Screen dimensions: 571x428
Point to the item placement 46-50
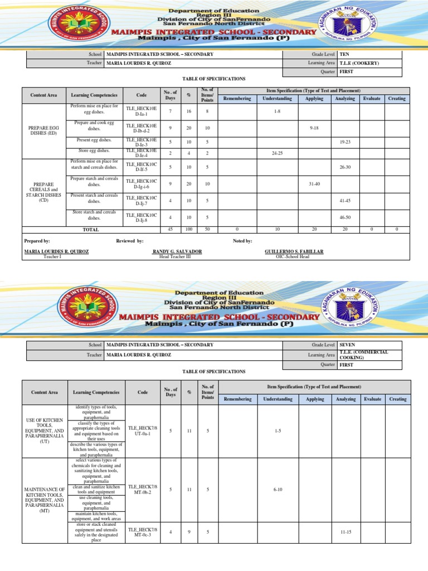pyautogui.click(x=346, y=216)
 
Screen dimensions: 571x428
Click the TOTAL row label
pyautogui.click(x=90, y=229)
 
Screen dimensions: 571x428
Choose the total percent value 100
pyautogui.click(x=188, y=229)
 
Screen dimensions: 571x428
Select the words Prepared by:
pyautogui.click(x=37, y=240)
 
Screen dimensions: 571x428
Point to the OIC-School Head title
pyautogui.click(x=292, y=257)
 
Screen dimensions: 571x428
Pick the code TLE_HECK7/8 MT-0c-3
pyautogui.click(x=143, y=532)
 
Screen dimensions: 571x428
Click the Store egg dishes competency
pyautogui.click(x=93, y=151)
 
